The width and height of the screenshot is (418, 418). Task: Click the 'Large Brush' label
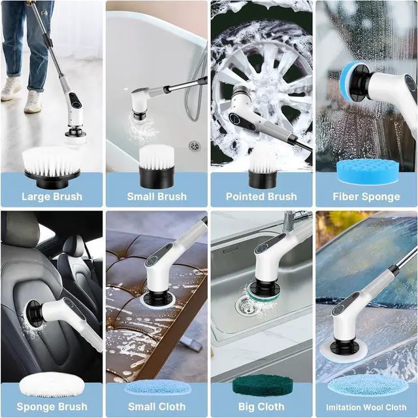coord(52,196)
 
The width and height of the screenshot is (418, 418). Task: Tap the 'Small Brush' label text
coord(156,196)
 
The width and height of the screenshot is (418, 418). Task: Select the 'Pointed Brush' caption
coord(261,196)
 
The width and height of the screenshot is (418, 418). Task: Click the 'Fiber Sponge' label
coord(366,196)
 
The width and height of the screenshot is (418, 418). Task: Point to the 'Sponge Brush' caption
coord(52,406)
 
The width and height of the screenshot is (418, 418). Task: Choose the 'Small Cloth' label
coord(156,406)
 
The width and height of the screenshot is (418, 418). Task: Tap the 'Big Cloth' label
coord(261,406)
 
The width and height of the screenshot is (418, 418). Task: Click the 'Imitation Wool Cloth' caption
coord(366,406)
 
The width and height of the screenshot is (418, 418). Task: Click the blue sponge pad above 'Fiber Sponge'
coord(367,171)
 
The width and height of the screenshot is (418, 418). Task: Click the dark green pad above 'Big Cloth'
coord(261,385)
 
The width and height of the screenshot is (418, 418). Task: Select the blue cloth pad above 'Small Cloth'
coord(157,387)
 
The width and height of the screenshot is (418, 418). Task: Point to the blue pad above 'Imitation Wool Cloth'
coord(367,385)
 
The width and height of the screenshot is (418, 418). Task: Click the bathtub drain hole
coord(194,145)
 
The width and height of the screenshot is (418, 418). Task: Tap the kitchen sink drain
coord(247,304)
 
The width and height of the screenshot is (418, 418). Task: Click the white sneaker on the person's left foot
coord(33,101)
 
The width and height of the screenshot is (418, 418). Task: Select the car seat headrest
coord(74,246)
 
